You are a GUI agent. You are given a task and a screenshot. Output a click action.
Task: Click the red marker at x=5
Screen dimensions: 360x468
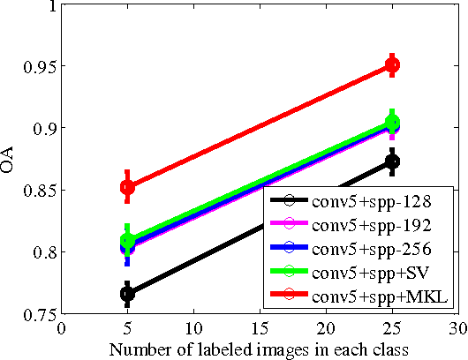click(127, 186)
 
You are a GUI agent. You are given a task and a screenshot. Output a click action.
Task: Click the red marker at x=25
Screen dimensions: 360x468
click(392, 65)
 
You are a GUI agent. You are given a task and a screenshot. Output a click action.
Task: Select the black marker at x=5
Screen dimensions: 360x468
click(127, 294)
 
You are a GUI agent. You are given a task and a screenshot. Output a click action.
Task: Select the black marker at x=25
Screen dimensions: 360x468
click(392, 161)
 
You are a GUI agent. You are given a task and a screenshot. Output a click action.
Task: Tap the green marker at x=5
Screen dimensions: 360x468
click(127, 240)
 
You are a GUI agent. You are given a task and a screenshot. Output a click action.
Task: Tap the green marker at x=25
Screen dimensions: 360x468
click(392, 123)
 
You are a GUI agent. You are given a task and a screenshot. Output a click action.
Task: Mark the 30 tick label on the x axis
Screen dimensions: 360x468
click(457, 330)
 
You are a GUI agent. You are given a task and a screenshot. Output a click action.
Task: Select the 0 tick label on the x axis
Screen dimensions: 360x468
click(61, 330)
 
